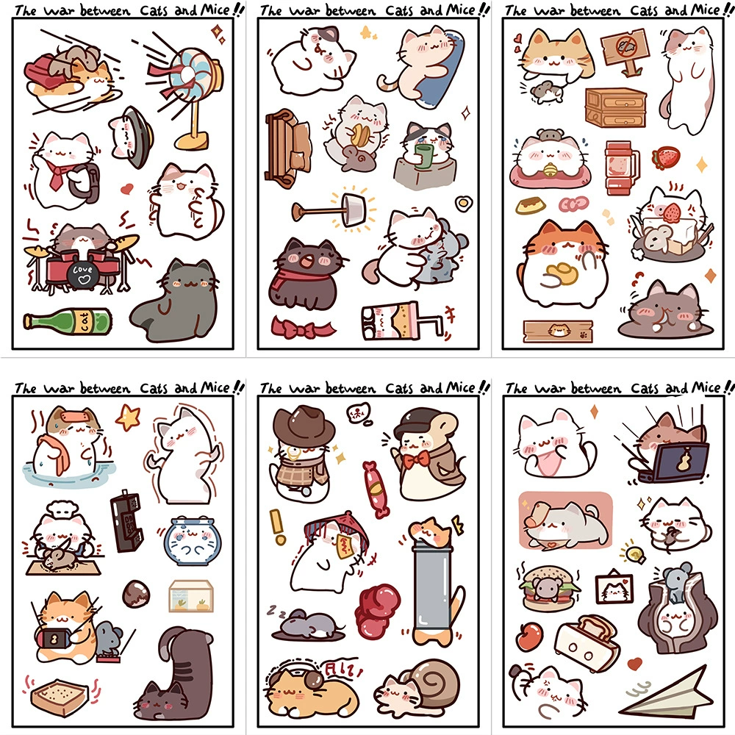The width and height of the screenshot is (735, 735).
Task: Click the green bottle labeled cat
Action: [x=68, y=321]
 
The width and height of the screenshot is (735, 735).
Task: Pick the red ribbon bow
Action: [x=301, y=328]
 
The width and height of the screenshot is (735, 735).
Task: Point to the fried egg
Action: [x=463, y=203]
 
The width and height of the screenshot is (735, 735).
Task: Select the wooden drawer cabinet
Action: [x=615, y=107]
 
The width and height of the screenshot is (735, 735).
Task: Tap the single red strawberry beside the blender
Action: [x=665, y=157]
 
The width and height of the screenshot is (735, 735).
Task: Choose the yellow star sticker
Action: [x=128, y=417]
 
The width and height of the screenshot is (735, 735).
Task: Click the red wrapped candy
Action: [x=376, y=489]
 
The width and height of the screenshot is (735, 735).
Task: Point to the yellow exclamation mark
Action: [x=278, y=527]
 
